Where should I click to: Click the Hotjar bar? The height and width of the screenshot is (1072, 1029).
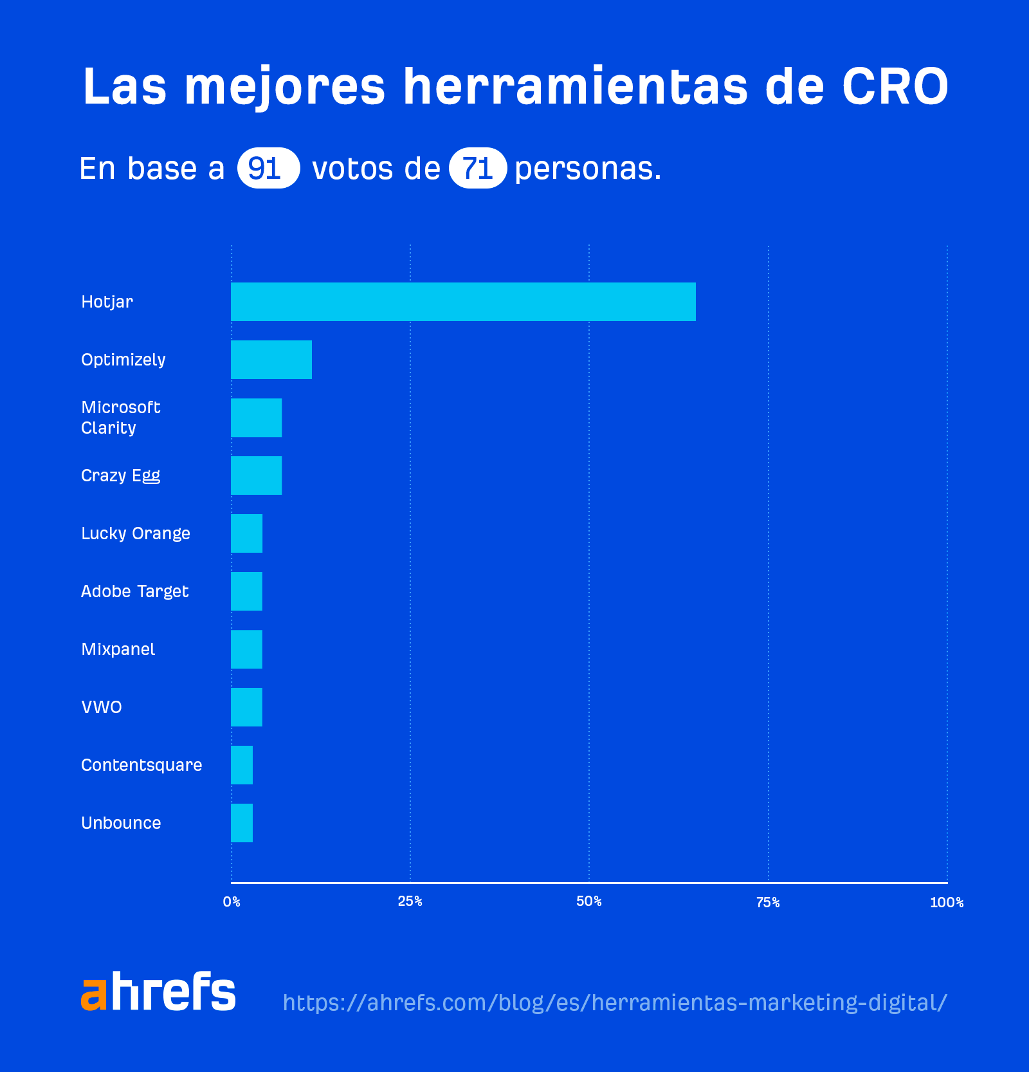click(x=463, y=302)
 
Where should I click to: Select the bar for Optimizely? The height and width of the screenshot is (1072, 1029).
click(x=271, y=360)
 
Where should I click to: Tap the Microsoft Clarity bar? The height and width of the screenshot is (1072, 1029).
click(x=256, y=418)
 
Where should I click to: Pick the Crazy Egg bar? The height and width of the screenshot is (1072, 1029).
click(x=256, y=476)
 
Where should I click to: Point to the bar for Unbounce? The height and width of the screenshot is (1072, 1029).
click(x=242, y=823)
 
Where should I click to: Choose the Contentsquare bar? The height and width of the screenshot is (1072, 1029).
click(x=242, y=765)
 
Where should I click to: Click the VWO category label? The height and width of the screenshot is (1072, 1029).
click(x=102, y=707)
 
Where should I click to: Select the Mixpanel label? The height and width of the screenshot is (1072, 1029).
click(x=118, y=649)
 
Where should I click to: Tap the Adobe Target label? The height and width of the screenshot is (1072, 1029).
click(x=135, y=591)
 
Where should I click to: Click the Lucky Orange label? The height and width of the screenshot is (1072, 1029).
click(x=136, y=533)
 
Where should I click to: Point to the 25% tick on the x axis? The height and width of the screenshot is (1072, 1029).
click(x=410, y=901)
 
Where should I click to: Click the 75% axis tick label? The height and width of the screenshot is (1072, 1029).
click(x=768, y=902)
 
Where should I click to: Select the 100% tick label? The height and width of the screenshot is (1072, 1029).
click(x=947, y=902)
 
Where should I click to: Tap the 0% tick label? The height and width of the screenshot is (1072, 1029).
click(x=232, y=902)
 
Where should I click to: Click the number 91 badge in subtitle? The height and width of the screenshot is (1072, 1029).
click(x=268, y=168)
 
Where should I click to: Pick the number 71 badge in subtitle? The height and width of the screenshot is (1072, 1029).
click(x=478, y=168)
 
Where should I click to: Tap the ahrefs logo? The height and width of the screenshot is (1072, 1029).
click(x=158, y=992)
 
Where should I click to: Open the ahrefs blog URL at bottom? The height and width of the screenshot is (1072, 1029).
click(x=615, y=1003)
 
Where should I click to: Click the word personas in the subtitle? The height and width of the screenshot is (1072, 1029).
click(x=588, y=169)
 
